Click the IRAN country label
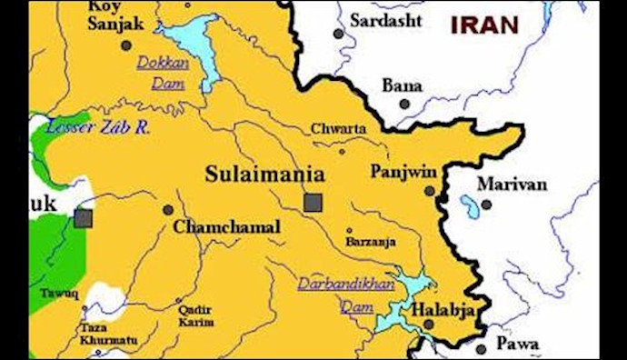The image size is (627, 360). [x=484, y=25]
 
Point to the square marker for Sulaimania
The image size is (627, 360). [x=313, y=202]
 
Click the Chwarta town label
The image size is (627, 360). [x=339, y=129]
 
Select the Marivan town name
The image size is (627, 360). [x=513, y=185]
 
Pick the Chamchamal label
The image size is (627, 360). [x=226, y=227]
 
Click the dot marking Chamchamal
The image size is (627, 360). [x=168, y=210]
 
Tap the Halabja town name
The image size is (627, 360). [x=443, y=310]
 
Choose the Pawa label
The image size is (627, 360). [x=519, y=344]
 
